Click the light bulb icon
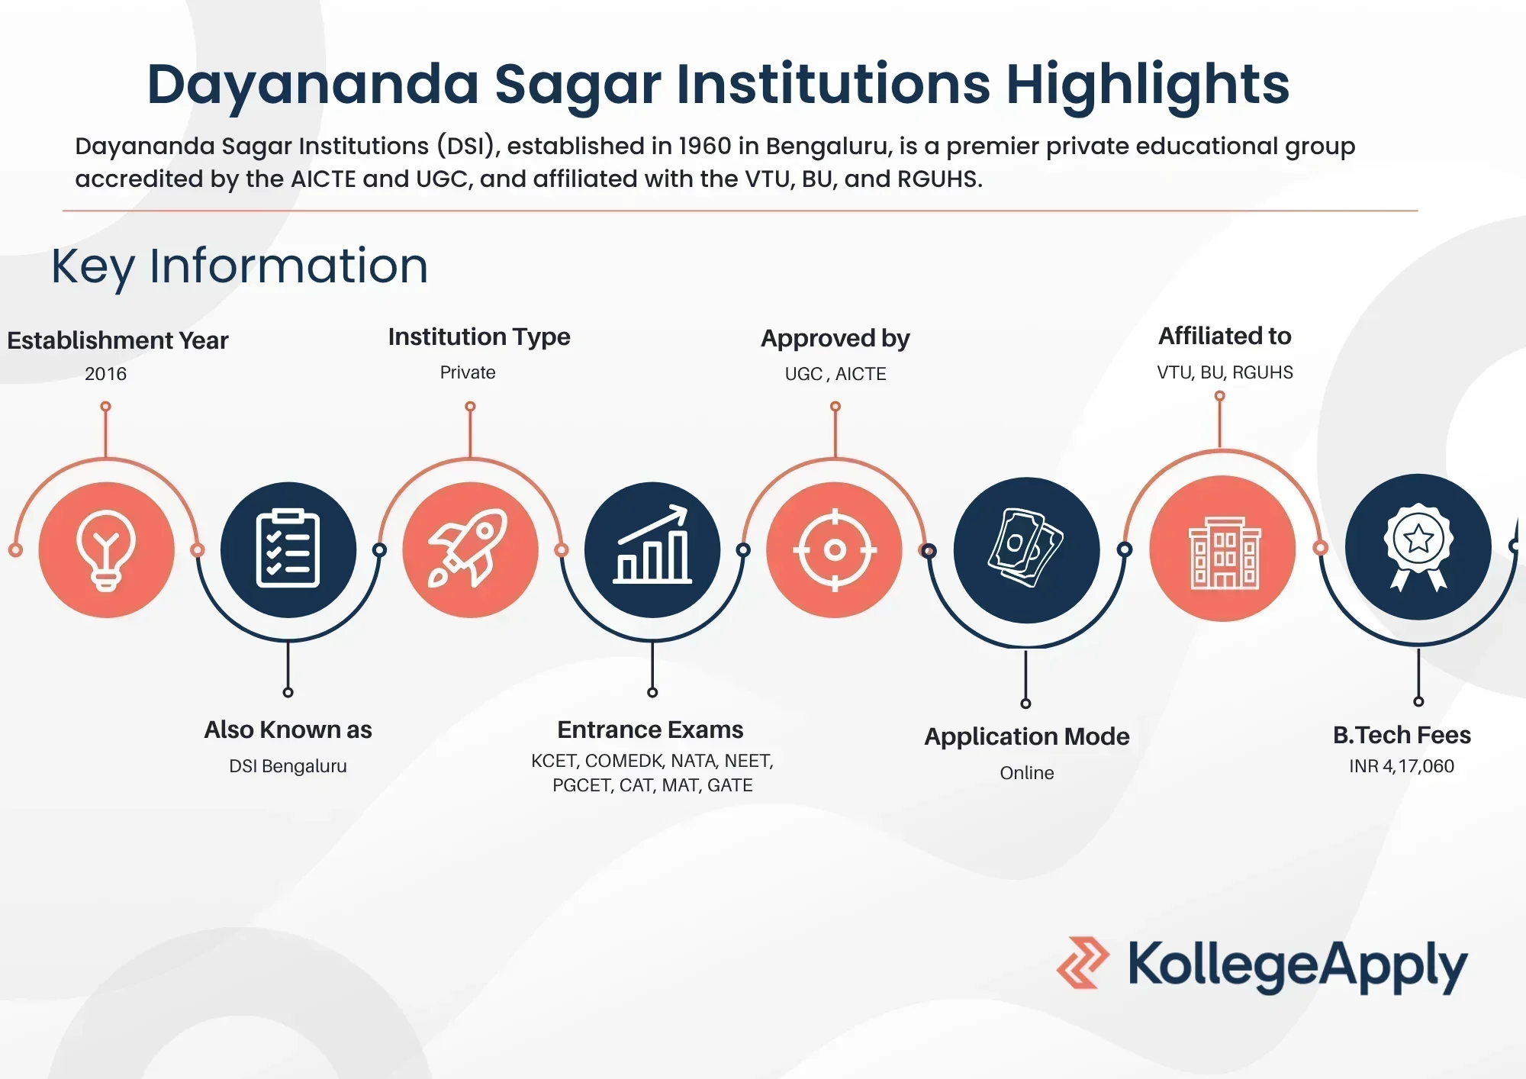(106, 550)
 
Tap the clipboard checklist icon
(288, 548)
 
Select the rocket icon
(468, 548)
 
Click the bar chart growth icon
(652, 545)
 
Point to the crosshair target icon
(835, 549)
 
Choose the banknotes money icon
(1025, 548)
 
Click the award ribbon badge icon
(1418, 546)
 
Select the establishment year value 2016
(105, 374)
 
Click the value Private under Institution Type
(468, 372)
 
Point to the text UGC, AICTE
(835, 374)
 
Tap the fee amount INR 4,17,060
(1402, 766)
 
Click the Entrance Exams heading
(650, 730)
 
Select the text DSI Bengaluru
(288, 766)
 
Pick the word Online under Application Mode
(1027, 773)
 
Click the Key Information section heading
(240, 266)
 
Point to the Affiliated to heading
(1225, 336)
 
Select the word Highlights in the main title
(1148, 85)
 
